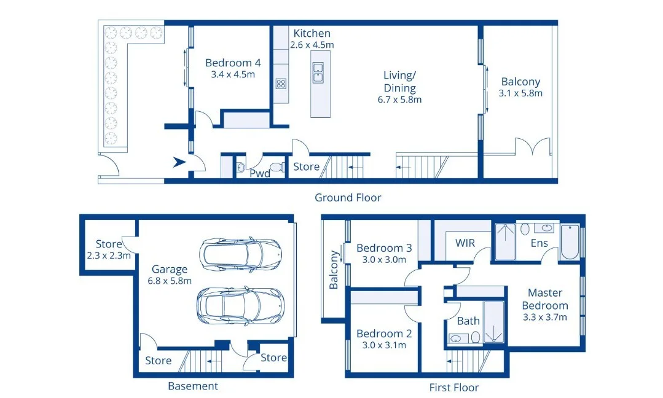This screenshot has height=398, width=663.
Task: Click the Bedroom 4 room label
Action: [x=233, y=63]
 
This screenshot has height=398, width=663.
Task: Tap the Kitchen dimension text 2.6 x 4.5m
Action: [x=312, y=45]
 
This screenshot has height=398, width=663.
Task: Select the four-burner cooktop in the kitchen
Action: [x=281, y=84]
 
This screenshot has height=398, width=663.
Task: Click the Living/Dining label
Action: [x=399, y=82]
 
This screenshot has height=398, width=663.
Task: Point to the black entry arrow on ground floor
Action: [x=179, y=162]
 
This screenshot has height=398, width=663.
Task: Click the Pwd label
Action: [x=260, y=174]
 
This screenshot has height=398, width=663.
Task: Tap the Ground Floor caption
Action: [x=348, y=197]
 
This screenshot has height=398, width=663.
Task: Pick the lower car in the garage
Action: [x=240, y=306]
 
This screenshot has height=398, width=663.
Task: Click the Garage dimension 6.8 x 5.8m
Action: [x=170, y=281]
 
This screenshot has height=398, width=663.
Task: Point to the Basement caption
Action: [x=193, y=386]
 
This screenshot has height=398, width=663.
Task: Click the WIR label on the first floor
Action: [x=465, y=243]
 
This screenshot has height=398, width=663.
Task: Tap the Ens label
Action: [x=539, y=243]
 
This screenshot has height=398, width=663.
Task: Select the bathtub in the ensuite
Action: [x=570, y=242]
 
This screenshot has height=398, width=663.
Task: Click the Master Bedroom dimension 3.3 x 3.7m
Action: [x=544, y=318]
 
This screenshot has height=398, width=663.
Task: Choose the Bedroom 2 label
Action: [x=384, y=334]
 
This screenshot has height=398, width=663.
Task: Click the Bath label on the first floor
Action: [x=468, y=321]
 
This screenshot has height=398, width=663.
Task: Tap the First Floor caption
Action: [x=454, y=388]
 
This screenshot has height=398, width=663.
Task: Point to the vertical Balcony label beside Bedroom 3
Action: [x=334, y=270]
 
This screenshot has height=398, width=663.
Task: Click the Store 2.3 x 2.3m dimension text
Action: [x=109, y=256]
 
